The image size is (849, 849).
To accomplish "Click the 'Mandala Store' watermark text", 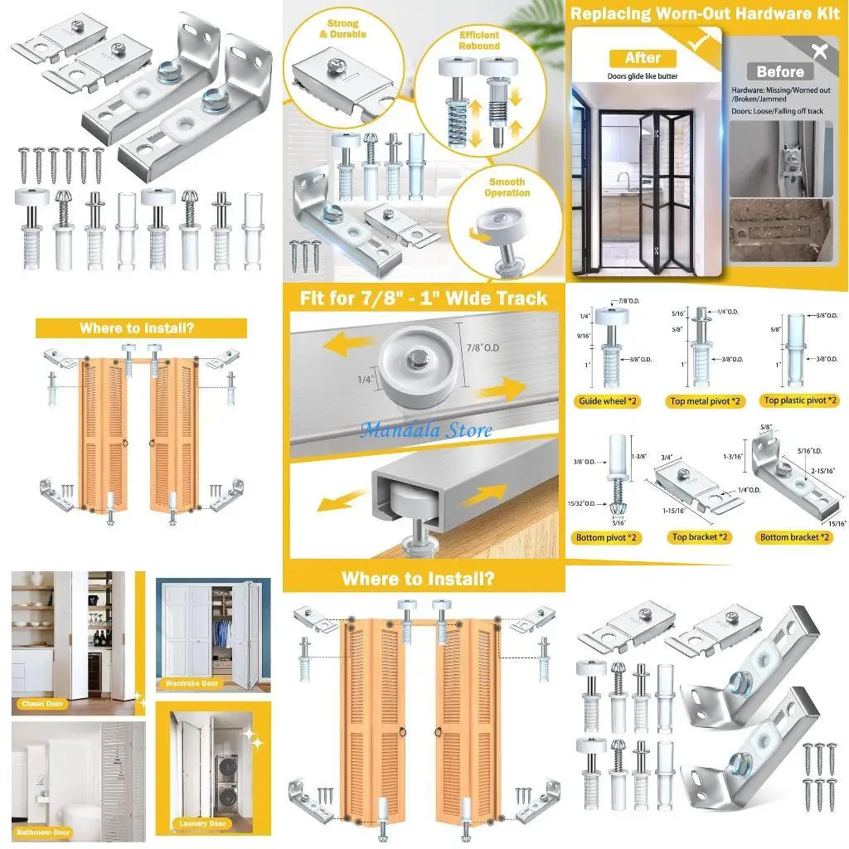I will point(426,430).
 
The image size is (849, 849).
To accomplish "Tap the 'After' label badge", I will point(643,58).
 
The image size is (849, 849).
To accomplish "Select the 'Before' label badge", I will point(780,72).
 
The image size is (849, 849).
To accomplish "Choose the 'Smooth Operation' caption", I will point(507,187).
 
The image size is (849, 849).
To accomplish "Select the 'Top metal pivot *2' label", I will point(704,401).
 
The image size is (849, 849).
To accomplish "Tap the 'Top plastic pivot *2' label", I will point(800,400).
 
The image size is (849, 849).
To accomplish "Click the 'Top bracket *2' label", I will point(701,538).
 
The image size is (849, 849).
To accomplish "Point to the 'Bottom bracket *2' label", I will point(795,538).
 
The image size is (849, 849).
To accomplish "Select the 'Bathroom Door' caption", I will point(46,832).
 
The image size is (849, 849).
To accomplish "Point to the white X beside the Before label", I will point(820,52).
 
